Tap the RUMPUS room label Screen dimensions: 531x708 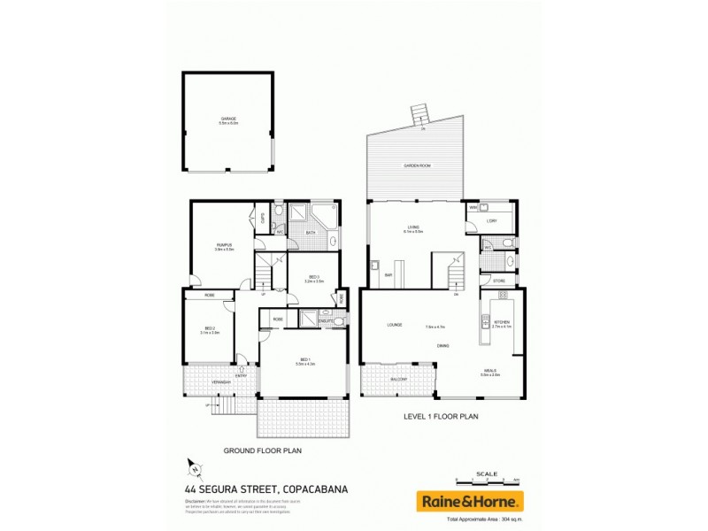(224, 245)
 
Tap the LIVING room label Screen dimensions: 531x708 (413, 227)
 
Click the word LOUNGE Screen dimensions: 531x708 (395, 325)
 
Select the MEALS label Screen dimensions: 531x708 (490, 370)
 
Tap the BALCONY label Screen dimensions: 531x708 (399, 378)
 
